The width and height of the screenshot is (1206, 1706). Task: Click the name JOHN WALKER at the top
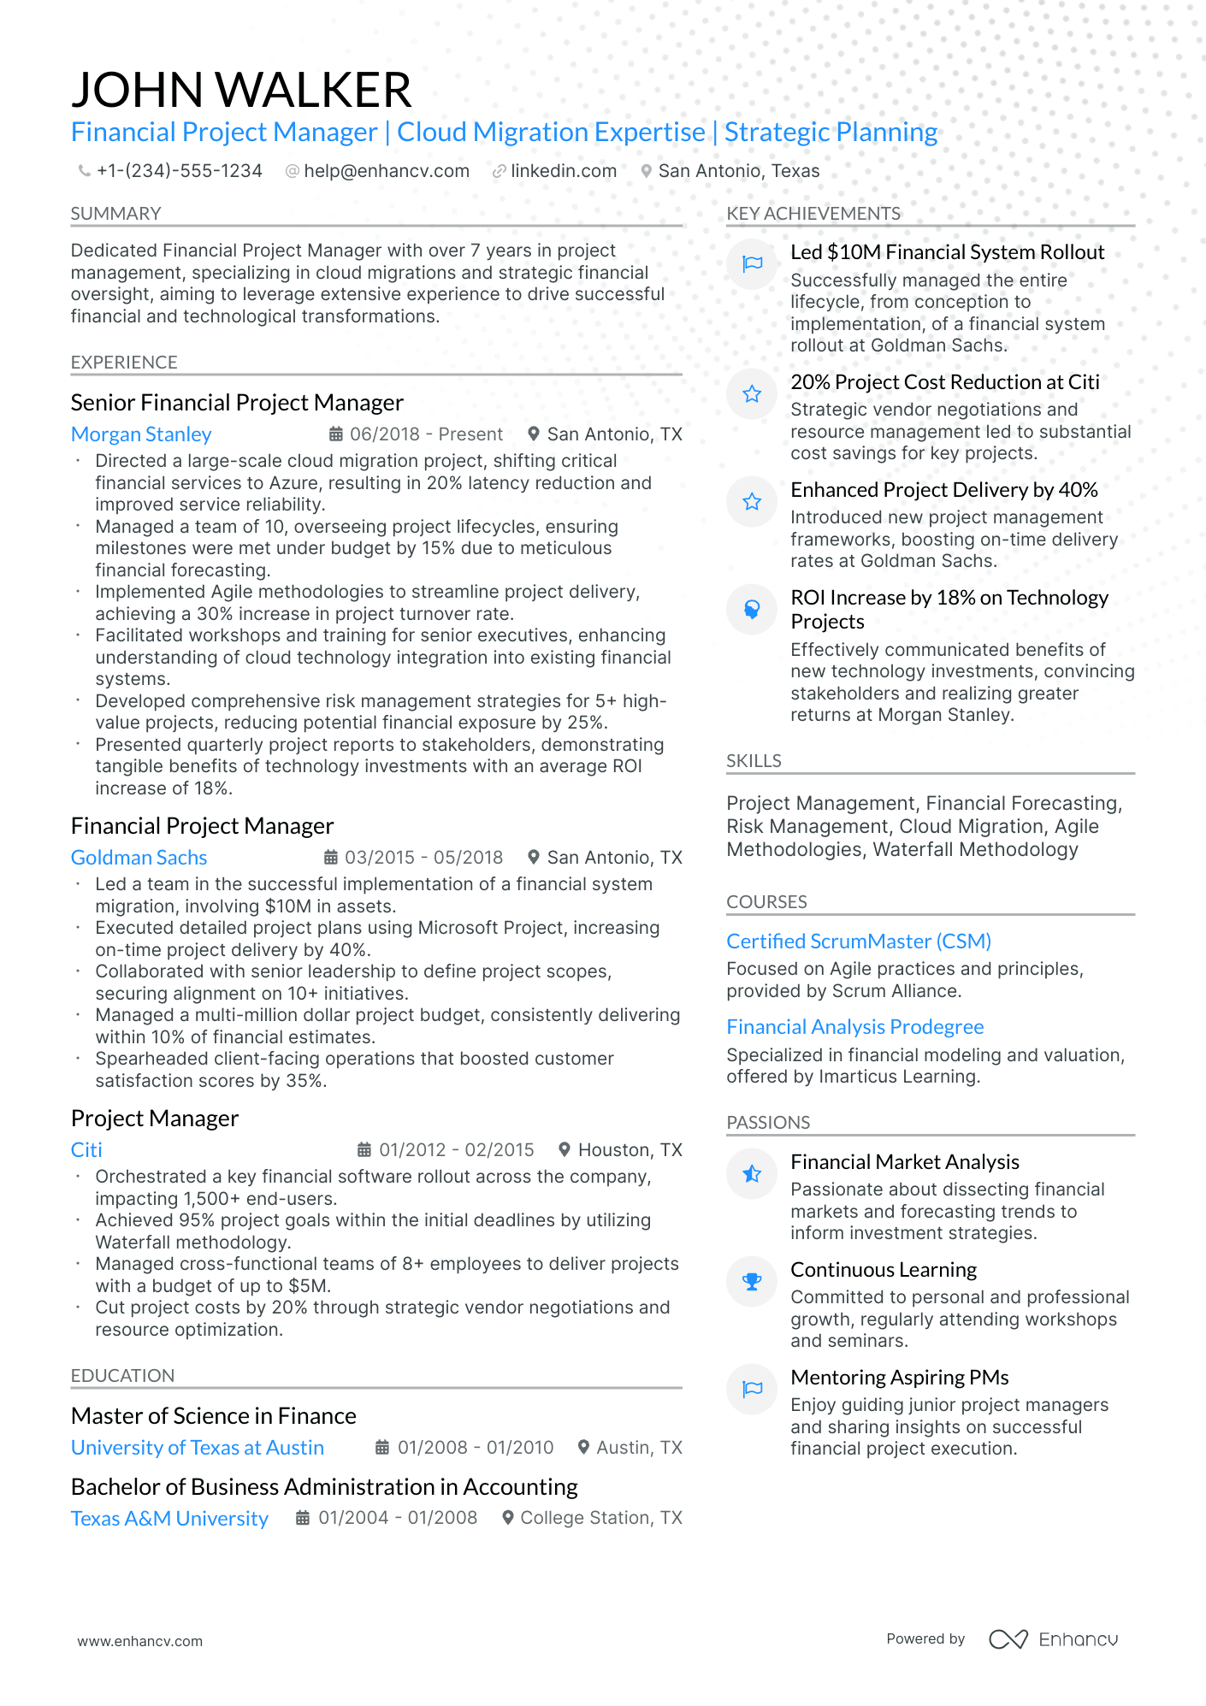tap(241, 90)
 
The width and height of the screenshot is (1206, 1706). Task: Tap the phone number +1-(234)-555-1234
tap(179, 171)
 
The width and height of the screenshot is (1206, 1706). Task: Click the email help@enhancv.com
tap(387, 171)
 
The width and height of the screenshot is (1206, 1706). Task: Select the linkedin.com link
tap(563, 171)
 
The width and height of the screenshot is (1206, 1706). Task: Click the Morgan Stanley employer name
tap(141, 434)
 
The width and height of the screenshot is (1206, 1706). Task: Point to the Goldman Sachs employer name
tap(139, 858)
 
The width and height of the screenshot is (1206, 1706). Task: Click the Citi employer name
tap(86, 1150)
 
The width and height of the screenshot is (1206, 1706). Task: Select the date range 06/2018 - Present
tap(426, 434)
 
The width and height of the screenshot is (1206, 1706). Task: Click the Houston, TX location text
tap(630, 1150)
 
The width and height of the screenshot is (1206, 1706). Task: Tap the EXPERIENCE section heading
tap(124, 363)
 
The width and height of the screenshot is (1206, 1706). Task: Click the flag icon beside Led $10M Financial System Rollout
tap(752, 264)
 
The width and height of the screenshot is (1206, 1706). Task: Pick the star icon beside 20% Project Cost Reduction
tap(752, 394)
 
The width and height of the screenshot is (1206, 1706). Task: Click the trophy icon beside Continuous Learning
tap(752, 1282)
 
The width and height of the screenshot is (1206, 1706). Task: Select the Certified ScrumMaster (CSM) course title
tap(858, 942)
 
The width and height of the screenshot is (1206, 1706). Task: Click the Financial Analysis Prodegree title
tap(854, 1027)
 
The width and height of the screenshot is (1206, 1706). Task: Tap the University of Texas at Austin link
tap(198, 1448)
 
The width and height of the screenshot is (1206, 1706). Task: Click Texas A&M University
tap(169, 1519)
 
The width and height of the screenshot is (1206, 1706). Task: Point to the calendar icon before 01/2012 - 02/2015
tap(364, 1150)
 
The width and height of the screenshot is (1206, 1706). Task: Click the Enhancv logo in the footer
tap(1053, 1639)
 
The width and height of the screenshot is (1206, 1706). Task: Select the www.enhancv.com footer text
tap(140, 1641)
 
